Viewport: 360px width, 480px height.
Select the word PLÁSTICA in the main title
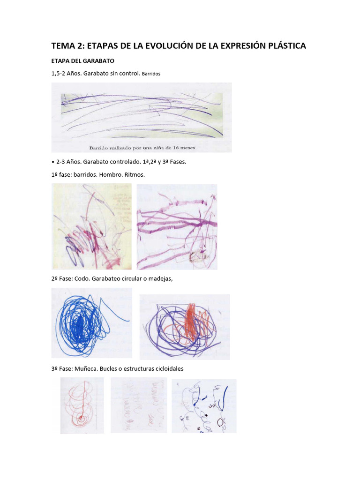pos(284,46)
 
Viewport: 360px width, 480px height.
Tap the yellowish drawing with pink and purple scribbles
pos(91,226)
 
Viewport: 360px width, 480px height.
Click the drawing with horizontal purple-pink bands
pos(177,226)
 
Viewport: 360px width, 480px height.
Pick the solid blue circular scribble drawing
pos(91,322)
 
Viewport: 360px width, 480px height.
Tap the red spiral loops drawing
pos(82,405)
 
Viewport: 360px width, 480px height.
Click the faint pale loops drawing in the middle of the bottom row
pos(139,405)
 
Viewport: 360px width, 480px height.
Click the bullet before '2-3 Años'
pos(53,162)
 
